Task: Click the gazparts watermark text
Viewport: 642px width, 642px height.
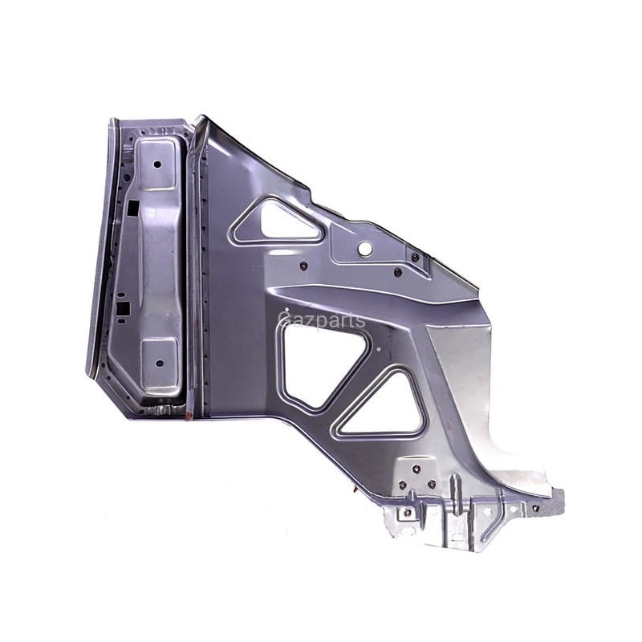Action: (322, 320)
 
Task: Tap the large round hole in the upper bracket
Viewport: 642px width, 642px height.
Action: (364, 248)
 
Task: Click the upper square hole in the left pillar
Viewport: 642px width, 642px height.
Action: (133, 208)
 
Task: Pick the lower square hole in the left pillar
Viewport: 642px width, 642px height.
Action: (123, 308)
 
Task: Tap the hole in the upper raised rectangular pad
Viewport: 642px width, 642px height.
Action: (157, 165)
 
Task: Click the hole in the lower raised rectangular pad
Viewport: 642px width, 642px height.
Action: (160, 364)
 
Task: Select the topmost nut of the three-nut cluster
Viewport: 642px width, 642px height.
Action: (416, 469)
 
